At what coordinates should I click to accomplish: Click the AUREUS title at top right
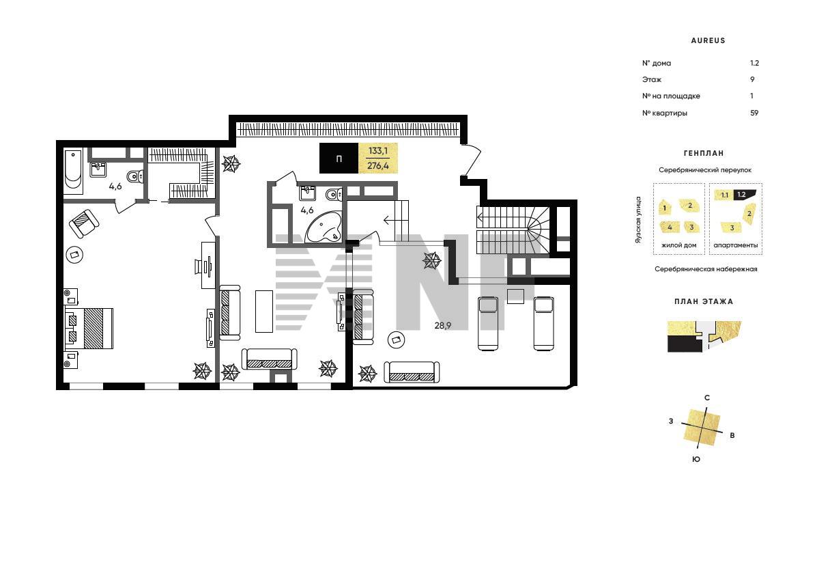click(x=708, y=40)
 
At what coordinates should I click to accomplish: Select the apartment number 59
click(x=754, y=113)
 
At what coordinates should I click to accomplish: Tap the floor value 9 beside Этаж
click(x=752, y=79)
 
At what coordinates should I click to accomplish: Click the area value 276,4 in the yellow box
click(x=378, y=166)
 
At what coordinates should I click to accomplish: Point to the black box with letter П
click(x=339, y=158)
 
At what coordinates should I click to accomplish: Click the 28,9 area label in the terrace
click(x=443, y=325)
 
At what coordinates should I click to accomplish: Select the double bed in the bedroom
click(x=89, y=328)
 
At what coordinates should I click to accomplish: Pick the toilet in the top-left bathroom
click(x=135, y=177)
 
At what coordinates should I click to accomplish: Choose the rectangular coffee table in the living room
click(x=264, y=312)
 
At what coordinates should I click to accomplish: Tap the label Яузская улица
click(x=638, y=219)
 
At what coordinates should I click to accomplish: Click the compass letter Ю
click(x=696, y=459)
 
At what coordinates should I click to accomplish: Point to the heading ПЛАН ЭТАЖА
click(x=704, y=301)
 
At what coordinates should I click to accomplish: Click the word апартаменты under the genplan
click(x=735, y=245)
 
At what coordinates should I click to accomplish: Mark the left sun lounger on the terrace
click(x=488, y=323)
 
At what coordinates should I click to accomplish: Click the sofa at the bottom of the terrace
click(x=412, y=372)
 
